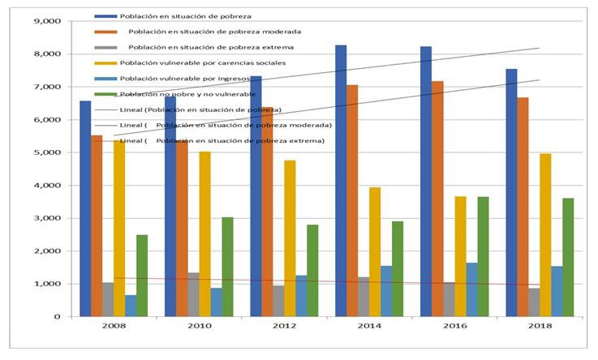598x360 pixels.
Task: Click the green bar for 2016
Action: pos(483,256)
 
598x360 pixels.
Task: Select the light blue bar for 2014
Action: pos(386,291)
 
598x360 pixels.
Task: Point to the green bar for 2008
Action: pos(142,276)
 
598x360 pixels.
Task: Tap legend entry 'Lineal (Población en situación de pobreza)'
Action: pos(200,109)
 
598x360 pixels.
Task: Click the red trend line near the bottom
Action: pos(325,281)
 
